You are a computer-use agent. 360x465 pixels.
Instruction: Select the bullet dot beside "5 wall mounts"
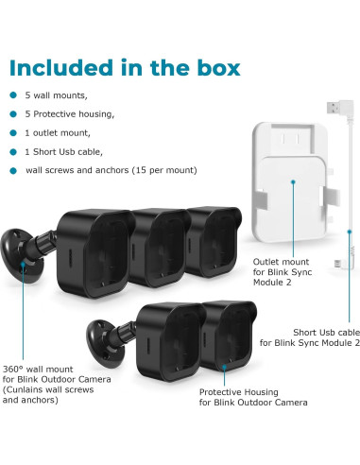click(x=12, y=95)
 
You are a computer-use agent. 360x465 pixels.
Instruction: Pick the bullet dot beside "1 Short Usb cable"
click(x=12, y=151)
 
